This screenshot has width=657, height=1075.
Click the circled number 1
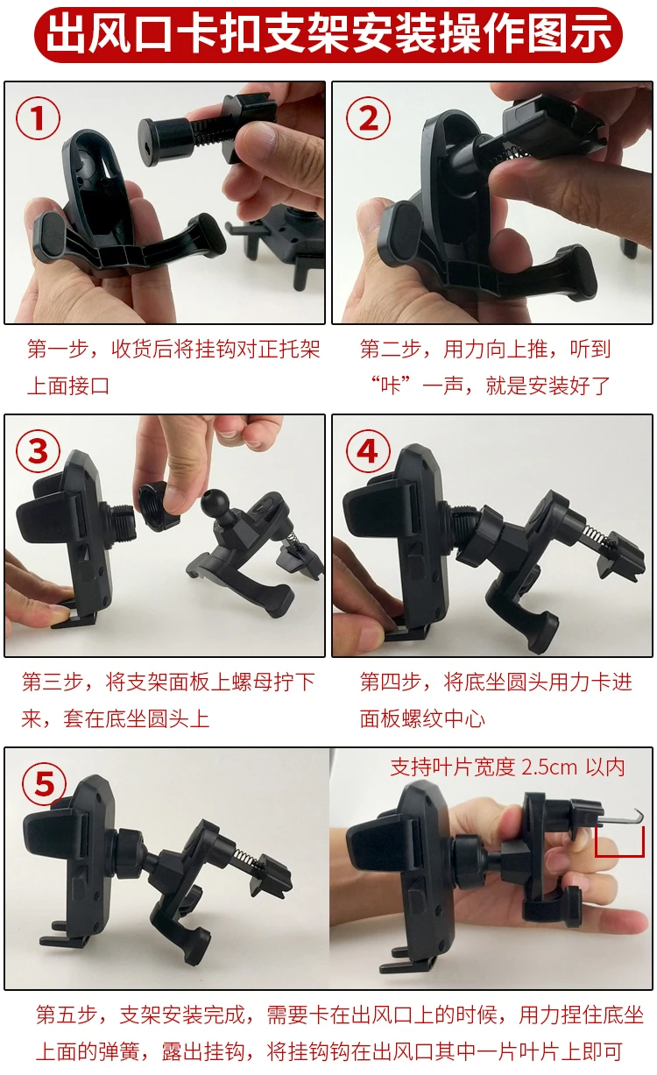[x=38, y=118]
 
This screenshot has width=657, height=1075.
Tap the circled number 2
[x=368, y=118]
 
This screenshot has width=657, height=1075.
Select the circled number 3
[x=38, y=452]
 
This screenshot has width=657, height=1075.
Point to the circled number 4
[x=368, y=452]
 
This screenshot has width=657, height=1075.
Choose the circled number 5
[x=45, y=784]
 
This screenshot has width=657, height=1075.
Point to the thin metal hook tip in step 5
[x=640, y=812]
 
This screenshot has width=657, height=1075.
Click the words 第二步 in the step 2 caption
[x=391, y=349]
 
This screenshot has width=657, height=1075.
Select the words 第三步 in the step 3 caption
[x=53, y=682]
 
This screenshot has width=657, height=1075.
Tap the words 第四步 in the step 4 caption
[x=391, y=682]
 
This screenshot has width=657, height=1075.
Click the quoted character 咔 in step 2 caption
[x=391, y=385]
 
